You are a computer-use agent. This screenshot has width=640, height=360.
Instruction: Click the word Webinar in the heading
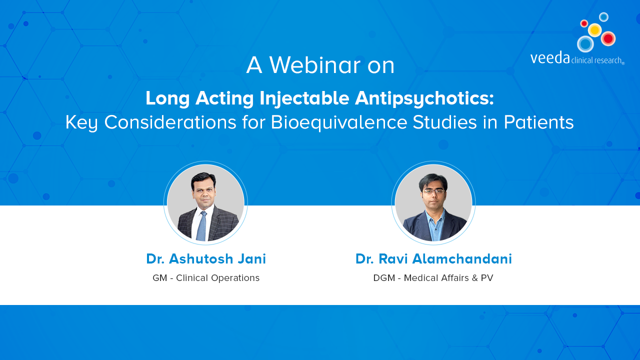(x=315, y=65)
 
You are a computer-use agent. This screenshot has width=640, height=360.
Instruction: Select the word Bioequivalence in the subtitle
(x=339, y=122)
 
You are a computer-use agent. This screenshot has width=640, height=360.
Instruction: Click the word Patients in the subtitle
(x=538, y=122)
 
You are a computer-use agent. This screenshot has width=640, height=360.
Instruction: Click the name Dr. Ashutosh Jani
(x=206, y=259)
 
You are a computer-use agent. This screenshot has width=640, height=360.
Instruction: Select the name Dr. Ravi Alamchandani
(x=433, y=259)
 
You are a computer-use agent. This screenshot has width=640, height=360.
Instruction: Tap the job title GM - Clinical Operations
(x=206, y=278)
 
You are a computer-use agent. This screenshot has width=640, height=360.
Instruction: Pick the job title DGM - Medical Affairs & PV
(x=433, y=278)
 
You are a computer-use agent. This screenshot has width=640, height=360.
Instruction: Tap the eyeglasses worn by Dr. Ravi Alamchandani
(x=433, y=191)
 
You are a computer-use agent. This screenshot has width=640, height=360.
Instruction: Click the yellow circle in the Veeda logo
(x=595, y=30)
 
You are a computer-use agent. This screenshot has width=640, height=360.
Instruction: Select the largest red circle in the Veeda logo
(x=608, y=38)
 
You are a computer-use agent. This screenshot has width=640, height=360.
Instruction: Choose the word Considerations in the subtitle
(x=170, y=122)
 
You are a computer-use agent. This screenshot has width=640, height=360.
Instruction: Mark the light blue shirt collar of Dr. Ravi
(x=434, y=215)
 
